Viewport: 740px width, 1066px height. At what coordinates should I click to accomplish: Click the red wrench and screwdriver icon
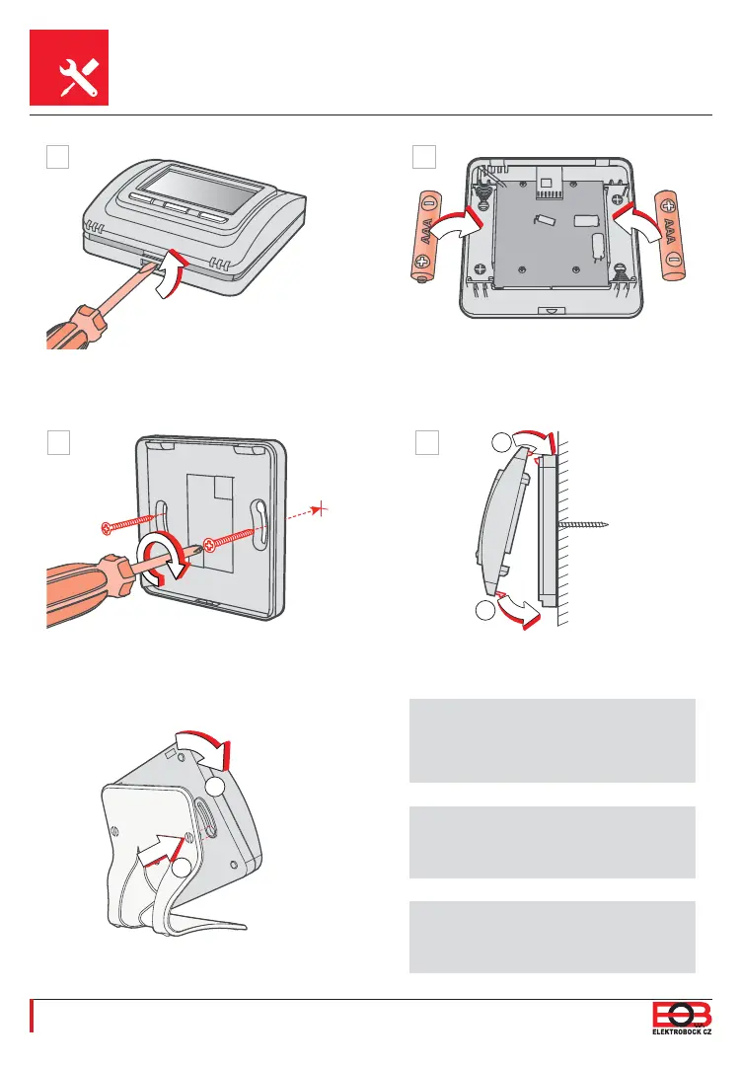tap(69, 68)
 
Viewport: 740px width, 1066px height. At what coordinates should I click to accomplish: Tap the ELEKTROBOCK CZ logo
tap(680, 1017)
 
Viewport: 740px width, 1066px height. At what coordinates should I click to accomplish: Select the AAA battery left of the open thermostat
tap(426, 237)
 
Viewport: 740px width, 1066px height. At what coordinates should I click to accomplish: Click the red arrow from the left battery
tap(459, 221)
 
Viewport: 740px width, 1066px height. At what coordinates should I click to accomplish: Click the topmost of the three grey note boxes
tap(553, 740)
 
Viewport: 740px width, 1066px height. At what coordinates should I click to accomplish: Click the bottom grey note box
tap(553, 936)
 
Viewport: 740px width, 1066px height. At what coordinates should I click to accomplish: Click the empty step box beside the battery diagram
tap(423, 157)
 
